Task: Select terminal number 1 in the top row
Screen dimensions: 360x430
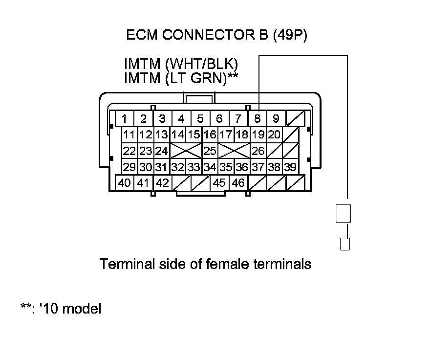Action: [x=125, y=118]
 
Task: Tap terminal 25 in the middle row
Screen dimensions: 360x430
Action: [x=210, y=151]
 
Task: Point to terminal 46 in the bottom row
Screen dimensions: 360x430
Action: [x=238, y=183]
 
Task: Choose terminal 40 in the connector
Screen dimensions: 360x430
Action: [x=125, y=183]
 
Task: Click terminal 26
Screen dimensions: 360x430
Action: [x=258, y=151]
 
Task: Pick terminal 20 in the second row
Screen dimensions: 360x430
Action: [x=274, y=135]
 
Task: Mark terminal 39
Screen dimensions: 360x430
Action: [x=290, y=167]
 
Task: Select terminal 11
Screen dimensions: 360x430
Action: [x=129, y=135]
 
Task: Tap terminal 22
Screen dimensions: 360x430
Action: [x=129, y=151]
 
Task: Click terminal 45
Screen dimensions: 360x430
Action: [x=219, y=183]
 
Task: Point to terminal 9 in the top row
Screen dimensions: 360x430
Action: [x=276, y=118]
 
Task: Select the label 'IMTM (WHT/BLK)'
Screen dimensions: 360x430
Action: [x=184, y=65]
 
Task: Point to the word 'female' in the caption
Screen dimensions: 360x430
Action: [x=226, y=264]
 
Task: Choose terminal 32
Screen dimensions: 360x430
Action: [x=177, y=167]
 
